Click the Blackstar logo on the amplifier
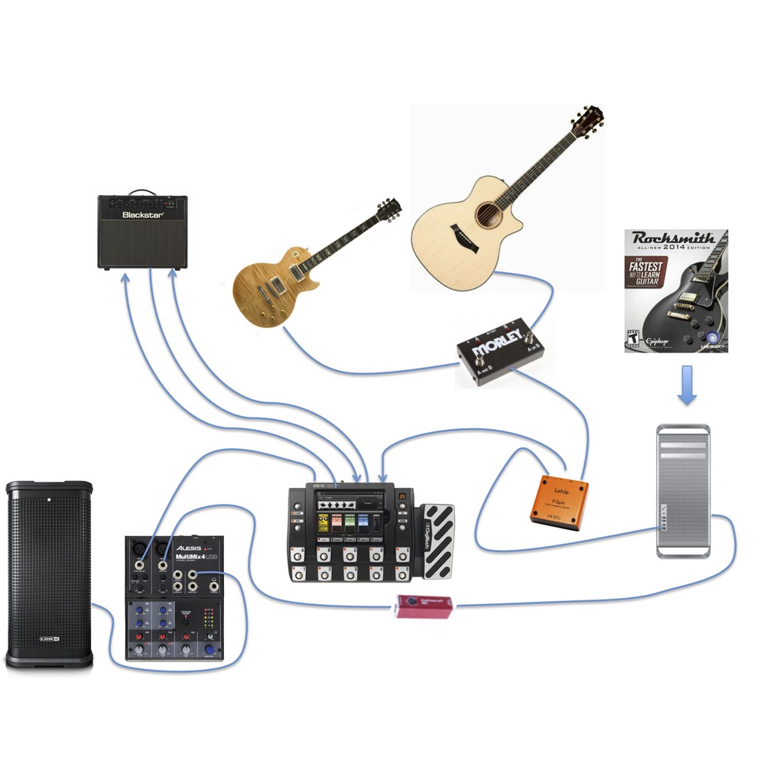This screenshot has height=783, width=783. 143,215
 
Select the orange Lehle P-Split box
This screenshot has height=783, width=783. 560,502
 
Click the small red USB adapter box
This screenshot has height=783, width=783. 423,606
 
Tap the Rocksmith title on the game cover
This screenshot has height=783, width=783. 674,238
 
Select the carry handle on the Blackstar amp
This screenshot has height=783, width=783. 141,192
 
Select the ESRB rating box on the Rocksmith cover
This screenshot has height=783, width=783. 632,339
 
